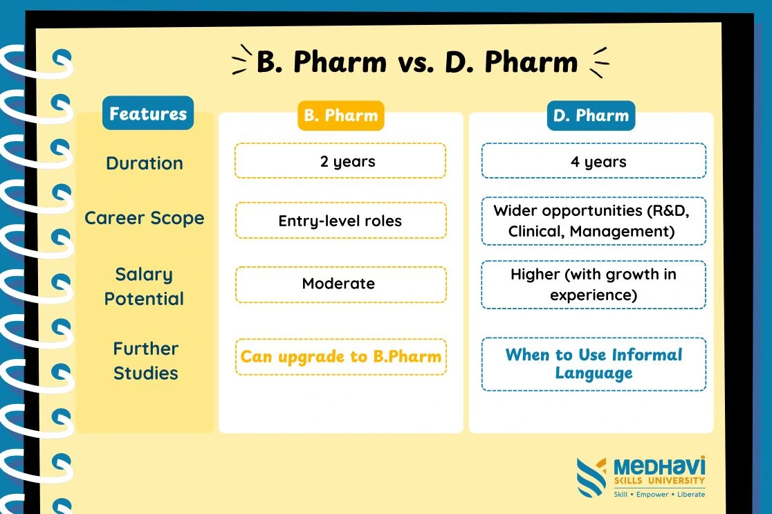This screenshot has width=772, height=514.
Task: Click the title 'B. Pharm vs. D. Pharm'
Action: tap(417, 62)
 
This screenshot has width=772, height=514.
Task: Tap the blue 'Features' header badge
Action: tap(148, 113)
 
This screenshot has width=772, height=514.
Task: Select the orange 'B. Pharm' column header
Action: tap(341, 116)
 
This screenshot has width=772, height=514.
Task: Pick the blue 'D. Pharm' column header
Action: tap(591, 116)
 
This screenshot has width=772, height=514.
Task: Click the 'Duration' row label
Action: tap(145, 163)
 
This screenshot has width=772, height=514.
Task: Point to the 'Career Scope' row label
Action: tap(145, 218)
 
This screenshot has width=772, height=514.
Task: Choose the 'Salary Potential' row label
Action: tap(144, 286)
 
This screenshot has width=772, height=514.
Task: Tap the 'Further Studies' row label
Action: tap(146, 361)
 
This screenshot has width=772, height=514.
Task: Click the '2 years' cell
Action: tap(340, 161)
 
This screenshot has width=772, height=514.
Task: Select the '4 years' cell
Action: tap(594, 161)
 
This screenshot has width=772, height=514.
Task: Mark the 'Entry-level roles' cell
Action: tap(341, 221)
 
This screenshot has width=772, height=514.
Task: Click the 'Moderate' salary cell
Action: tap(341, 284)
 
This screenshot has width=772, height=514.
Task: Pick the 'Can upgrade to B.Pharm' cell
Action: tap(341, 357)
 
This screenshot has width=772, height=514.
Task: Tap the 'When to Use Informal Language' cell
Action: tap(594, 365)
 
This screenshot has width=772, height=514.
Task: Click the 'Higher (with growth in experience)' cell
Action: tap(594, 284)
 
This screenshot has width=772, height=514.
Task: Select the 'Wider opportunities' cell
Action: tap(594, 221)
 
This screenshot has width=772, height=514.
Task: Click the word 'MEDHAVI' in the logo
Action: tap(659, 466)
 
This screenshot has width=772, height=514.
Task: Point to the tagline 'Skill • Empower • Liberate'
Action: tap(659, 495)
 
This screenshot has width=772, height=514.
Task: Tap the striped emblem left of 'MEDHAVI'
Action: tap(591, 477)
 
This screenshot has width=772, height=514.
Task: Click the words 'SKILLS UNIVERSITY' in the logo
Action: tap(659, 481)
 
